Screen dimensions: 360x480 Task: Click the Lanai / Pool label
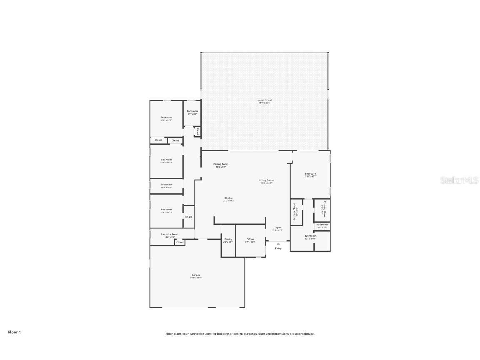265,100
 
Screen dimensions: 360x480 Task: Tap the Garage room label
196,275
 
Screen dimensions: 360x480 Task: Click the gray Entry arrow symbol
278,243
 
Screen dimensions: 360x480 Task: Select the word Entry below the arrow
278,248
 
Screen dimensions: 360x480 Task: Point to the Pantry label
228,239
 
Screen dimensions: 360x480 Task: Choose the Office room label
250,239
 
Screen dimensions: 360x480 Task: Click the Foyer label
277,227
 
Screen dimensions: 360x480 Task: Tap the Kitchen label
229,198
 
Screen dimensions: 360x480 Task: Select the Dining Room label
221,164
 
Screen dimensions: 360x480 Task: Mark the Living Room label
266,180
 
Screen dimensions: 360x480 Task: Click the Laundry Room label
170,234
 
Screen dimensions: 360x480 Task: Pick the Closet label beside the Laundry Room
180,242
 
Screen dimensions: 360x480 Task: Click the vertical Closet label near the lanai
197,131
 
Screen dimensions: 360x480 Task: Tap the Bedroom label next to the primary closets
310,174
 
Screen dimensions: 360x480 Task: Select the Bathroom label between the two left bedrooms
166,185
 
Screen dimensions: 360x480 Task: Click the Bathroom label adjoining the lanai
192,111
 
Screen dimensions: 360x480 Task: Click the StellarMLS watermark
460,180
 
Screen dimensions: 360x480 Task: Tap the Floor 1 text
14,332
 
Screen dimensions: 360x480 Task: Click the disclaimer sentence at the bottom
240,334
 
